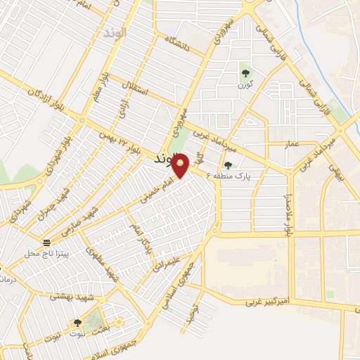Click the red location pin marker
pyautogui.click(x=181, y=165)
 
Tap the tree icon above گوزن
pyautogui.click(x=245, y=72)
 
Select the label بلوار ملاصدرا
pyautogui.click(x=288, y=204)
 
